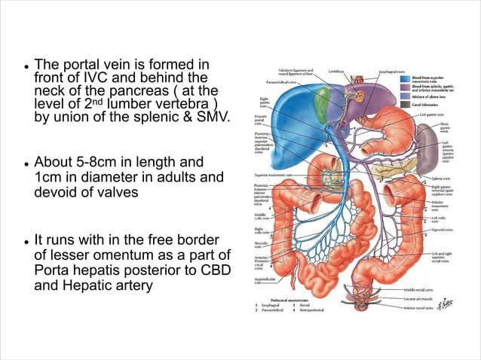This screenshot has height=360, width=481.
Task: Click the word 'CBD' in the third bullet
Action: (213, 271)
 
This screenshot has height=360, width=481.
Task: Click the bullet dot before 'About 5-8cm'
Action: (26, 163)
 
